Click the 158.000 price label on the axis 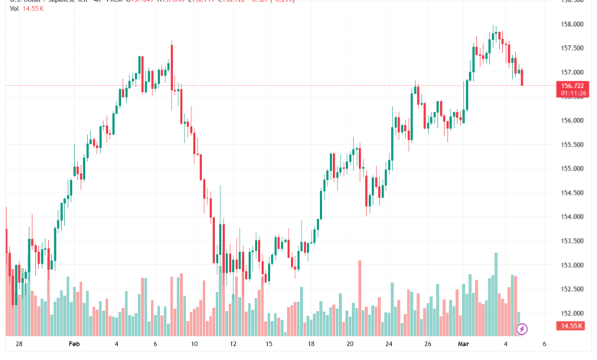(x=573, y=24)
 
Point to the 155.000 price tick (x=573, y=169)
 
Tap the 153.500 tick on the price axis (x=573, y=241)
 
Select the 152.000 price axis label (x=573, y=313)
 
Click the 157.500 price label (x=573, y=48)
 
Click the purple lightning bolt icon (x=522, y=329)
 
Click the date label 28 (x=19, y=345)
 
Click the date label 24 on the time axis (x=389, y=345)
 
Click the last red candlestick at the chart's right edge (x=522, y=77)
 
